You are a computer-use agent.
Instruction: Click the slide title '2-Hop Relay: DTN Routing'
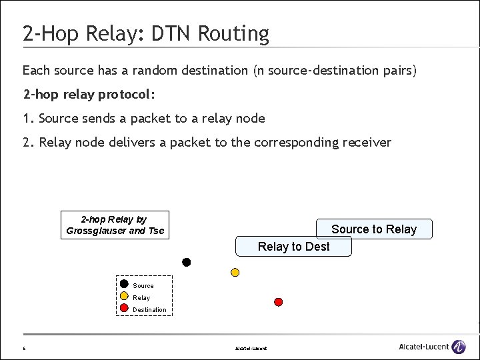tap(145, 33)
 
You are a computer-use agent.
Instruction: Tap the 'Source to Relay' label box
tap(374, 229)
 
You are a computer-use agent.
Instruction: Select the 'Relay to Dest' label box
tap(293, 247)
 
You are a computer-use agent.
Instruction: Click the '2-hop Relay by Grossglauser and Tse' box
tap(115, 225)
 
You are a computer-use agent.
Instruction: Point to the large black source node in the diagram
tap(187, 262)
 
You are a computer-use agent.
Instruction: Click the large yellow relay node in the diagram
tap(235, 272)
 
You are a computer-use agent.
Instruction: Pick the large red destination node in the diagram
tap(279, 302)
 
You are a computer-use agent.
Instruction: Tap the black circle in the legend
tap(124, 283)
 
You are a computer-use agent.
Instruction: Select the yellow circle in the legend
tap(124, 295)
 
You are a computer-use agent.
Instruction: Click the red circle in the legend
tap(124, 307)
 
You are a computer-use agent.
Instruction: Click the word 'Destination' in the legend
tap(149, 310)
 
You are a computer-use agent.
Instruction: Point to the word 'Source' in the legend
tap(143, 286)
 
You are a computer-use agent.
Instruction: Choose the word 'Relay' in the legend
tap(141, 298)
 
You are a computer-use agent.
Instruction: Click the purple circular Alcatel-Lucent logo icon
tap(459, 347)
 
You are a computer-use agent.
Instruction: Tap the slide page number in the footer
tap(24, 348)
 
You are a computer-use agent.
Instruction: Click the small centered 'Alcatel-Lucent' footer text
tap(251, 348)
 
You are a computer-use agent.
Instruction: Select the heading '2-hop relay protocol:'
tap(89, 94)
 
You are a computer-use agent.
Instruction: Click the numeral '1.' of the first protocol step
tap(28, 118)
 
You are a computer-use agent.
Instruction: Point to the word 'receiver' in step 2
tap(368, 142)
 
